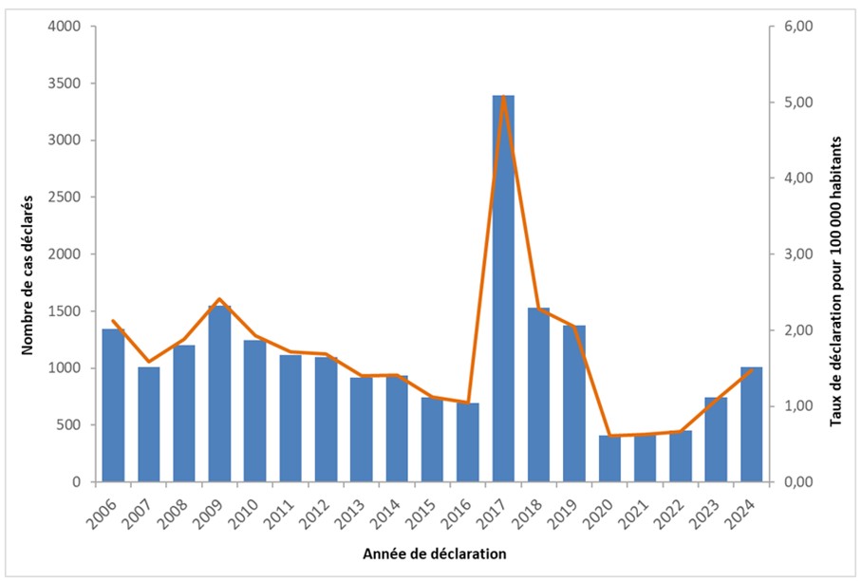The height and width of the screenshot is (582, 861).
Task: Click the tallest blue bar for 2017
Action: (x=503, y=289)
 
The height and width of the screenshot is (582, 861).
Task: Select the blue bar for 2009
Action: (x=219, y=394)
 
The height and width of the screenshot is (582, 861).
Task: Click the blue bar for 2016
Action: (x=468, y=442)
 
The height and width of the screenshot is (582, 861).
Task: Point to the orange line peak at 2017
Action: (x=503, y=96)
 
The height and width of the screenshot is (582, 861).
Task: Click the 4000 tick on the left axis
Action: (x=71, y=27)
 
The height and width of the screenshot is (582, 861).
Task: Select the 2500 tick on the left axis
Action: (x=71, y=197)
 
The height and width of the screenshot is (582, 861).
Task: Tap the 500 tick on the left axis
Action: (x=75, y=425)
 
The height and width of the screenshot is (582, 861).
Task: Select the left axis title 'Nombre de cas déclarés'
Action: (x=28, y=254)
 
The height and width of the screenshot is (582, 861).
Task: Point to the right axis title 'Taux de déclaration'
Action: (x=836, y=254)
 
